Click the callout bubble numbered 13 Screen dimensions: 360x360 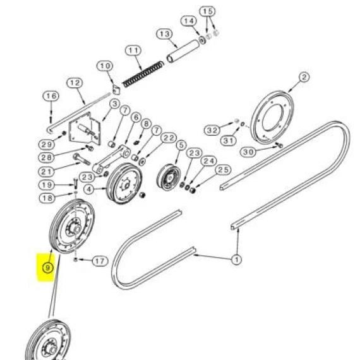point(164,34)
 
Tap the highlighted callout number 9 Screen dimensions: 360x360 point(47,268)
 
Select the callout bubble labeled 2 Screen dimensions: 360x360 point(304,77)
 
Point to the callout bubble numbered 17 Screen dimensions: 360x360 point(100,261)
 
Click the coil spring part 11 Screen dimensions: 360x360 point(143,74)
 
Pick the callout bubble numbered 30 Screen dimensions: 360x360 point(248,152)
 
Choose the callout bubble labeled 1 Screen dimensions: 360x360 point(236,260)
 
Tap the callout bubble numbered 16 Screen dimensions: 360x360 point(51,96)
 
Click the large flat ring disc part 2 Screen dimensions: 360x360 point(272,117)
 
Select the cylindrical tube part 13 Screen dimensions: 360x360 point(184,51)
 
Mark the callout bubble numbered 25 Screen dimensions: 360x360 point(223,170)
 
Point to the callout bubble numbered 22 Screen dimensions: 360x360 point(169,138)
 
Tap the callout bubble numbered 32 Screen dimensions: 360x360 point(212,130)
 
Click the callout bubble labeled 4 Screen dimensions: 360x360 point(89,189)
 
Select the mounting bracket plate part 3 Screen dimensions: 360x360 point(85,129)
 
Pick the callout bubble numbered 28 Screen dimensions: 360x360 point(47,157)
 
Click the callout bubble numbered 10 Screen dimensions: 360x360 point(105,66)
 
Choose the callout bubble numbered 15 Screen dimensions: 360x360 point(207,11)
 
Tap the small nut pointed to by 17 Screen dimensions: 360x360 point(75,260)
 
